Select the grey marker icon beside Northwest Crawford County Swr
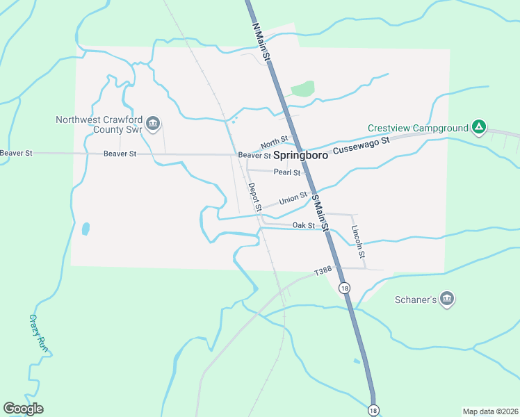click(x=154, y=124)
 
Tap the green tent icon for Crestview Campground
click(x=478, y=127)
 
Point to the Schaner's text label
click(x=416, y=300)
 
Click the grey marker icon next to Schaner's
click(x=447, y=299)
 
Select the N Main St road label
click(x=259, y=41)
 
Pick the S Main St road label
click(x=319, y=212)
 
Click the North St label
click(x=275, y=142)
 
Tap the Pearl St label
click(x=286, y=172)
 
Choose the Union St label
click(x=293, y=199)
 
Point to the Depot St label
click(x=254, y=197)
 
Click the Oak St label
click(x=304, y=225)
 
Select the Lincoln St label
click(x=357, y=238)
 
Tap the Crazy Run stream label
click(x=39, y=333)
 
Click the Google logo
click(x=24, y=409)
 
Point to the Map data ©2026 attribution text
click(x=489, y=411)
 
